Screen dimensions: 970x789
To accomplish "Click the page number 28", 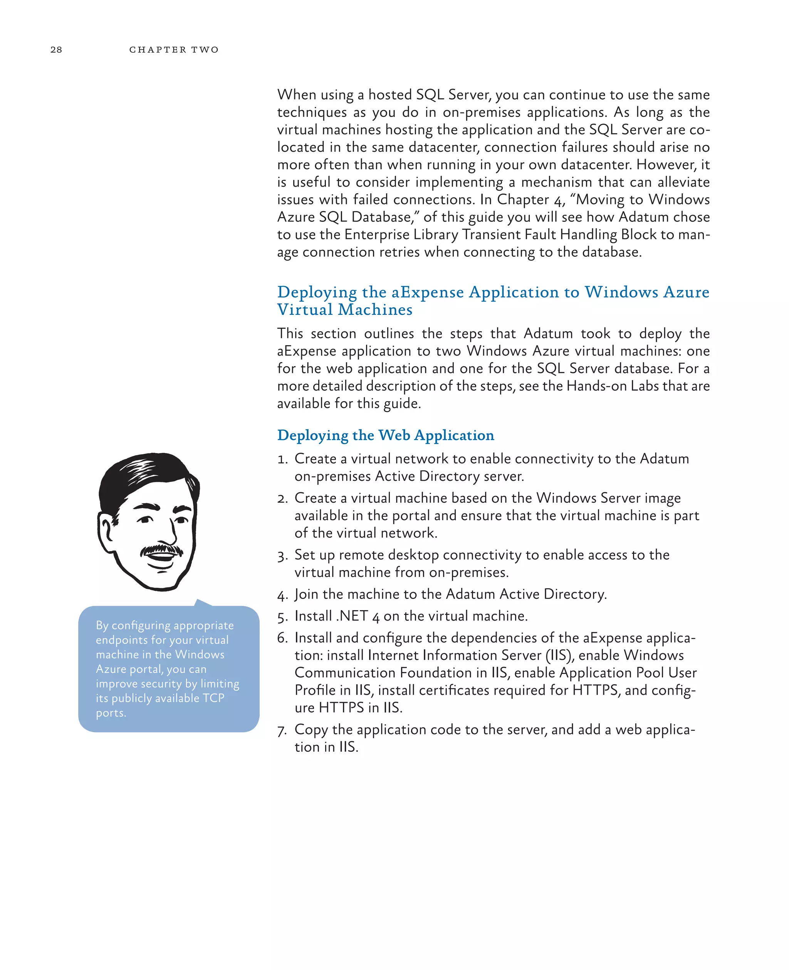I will click(56, 50).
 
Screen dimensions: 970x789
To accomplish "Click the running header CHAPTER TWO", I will click(174, 50).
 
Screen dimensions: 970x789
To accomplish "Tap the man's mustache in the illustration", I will click(161, 550).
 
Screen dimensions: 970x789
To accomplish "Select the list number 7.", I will click(282, 731).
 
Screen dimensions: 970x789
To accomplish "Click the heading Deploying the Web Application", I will click(385, 435).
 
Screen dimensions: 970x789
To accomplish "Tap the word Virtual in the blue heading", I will click(305, 310).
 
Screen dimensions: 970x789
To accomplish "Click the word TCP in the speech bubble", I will click(213, 698).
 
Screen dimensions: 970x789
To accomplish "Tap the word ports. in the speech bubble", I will click(111, 713).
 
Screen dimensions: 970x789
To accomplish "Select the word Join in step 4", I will click(306, 594).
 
